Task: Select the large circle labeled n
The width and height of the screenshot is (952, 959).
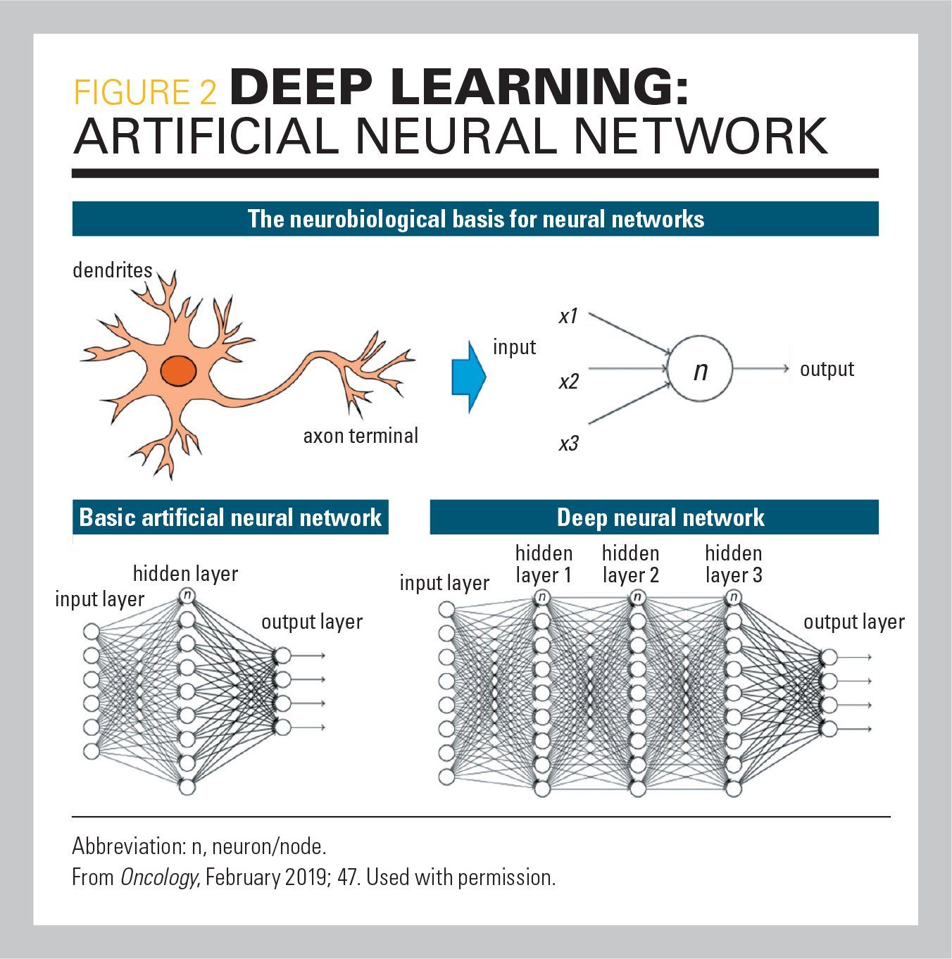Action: [700, 370]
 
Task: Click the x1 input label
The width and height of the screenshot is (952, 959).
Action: [568, 317]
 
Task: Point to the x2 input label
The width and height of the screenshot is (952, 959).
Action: [568, 382]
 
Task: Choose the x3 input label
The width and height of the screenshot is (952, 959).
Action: [568, 444]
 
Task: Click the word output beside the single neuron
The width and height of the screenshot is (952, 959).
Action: [827, 369]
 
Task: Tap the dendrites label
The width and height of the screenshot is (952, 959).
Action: [113, 270]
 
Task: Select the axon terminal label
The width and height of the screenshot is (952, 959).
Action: [361, 436]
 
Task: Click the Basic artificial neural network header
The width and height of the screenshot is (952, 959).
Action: [230, 518]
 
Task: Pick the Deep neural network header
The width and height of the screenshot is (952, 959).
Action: [660, 518]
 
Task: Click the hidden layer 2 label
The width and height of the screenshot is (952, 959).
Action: [631, 564]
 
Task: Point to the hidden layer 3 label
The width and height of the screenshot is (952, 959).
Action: [734, 564]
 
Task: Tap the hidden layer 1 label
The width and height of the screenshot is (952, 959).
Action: [544, 564]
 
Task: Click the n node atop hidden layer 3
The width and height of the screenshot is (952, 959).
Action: [734, 598]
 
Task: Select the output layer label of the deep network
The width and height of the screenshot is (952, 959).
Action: [853, 622]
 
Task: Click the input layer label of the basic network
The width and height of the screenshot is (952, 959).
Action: [99, 599]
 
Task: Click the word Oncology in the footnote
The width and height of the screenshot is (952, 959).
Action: [158, 878]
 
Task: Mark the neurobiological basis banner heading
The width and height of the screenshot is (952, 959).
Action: [475, 219]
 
